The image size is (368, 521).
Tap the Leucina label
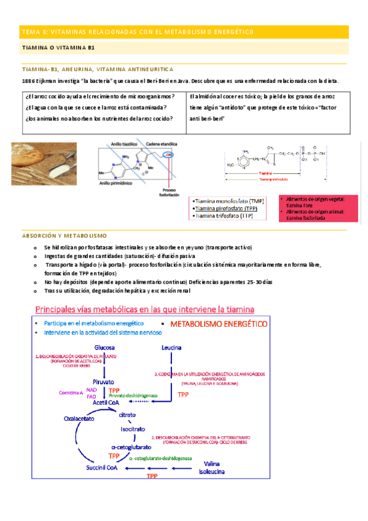click(171, 348)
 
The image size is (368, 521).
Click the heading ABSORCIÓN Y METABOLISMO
click(64, 236)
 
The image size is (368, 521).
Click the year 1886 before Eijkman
click(28, 81)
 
